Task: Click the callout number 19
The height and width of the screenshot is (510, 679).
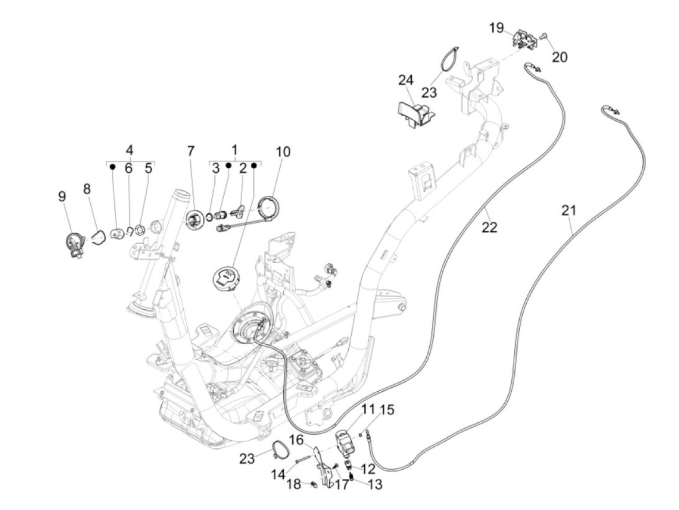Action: point(496,28)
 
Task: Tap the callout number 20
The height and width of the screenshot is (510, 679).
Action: point(559,57)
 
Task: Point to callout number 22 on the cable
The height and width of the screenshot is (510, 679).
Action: point(489,226)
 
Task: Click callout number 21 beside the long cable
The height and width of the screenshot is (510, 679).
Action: point(569,210)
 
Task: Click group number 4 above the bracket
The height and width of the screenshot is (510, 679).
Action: point(129,149)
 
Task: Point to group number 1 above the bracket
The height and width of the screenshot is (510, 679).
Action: point(235,149)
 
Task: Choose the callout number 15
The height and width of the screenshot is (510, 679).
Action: point(387,410)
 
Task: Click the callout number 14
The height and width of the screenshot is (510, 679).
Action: point(278,475)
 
